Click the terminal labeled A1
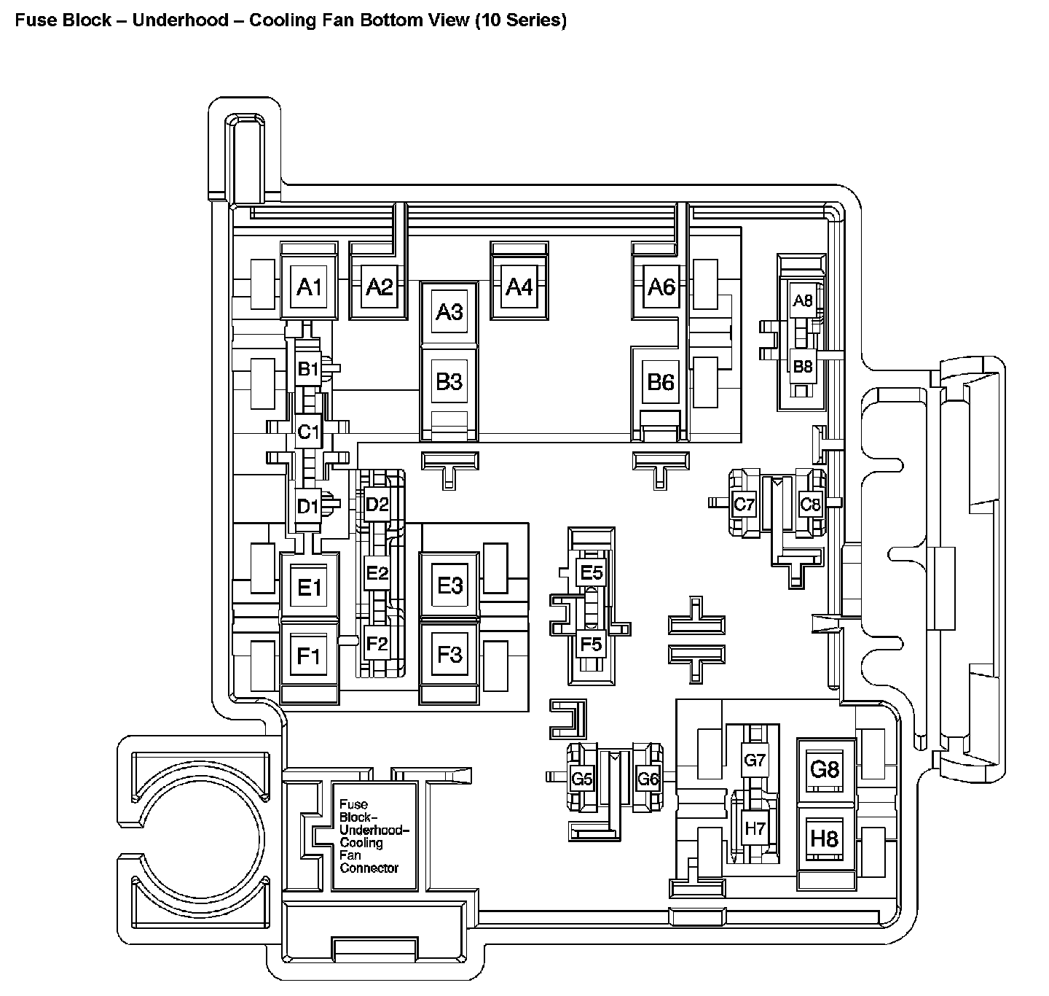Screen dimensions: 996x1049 [x=309, y=287]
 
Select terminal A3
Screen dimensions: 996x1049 [x=449, y=312]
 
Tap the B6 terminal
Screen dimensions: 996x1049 [x=661, y=381]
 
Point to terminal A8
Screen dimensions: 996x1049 [x=802, y=300]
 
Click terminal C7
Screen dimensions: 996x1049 [x=744, y=503]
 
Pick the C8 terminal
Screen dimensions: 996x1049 [x=810, y=503]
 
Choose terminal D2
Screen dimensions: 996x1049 [x=377, y=504]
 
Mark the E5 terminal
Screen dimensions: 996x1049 [x=592, y=572]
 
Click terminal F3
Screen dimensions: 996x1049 [x=449, y=654]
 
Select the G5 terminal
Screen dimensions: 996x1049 [x=582, y=779]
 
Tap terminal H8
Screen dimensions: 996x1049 [x=825, y=839]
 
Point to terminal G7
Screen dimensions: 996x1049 [x=755, y=760]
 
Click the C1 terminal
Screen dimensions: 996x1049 [x=308, y=432]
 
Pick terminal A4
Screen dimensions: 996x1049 [x=519, y=287]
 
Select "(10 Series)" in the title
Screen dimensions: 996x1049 [x=520, y=20]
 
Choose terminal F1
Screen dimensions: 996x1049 [x=309, y=656]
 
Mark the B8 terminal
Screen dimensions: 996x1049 [x=802, y=366]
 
